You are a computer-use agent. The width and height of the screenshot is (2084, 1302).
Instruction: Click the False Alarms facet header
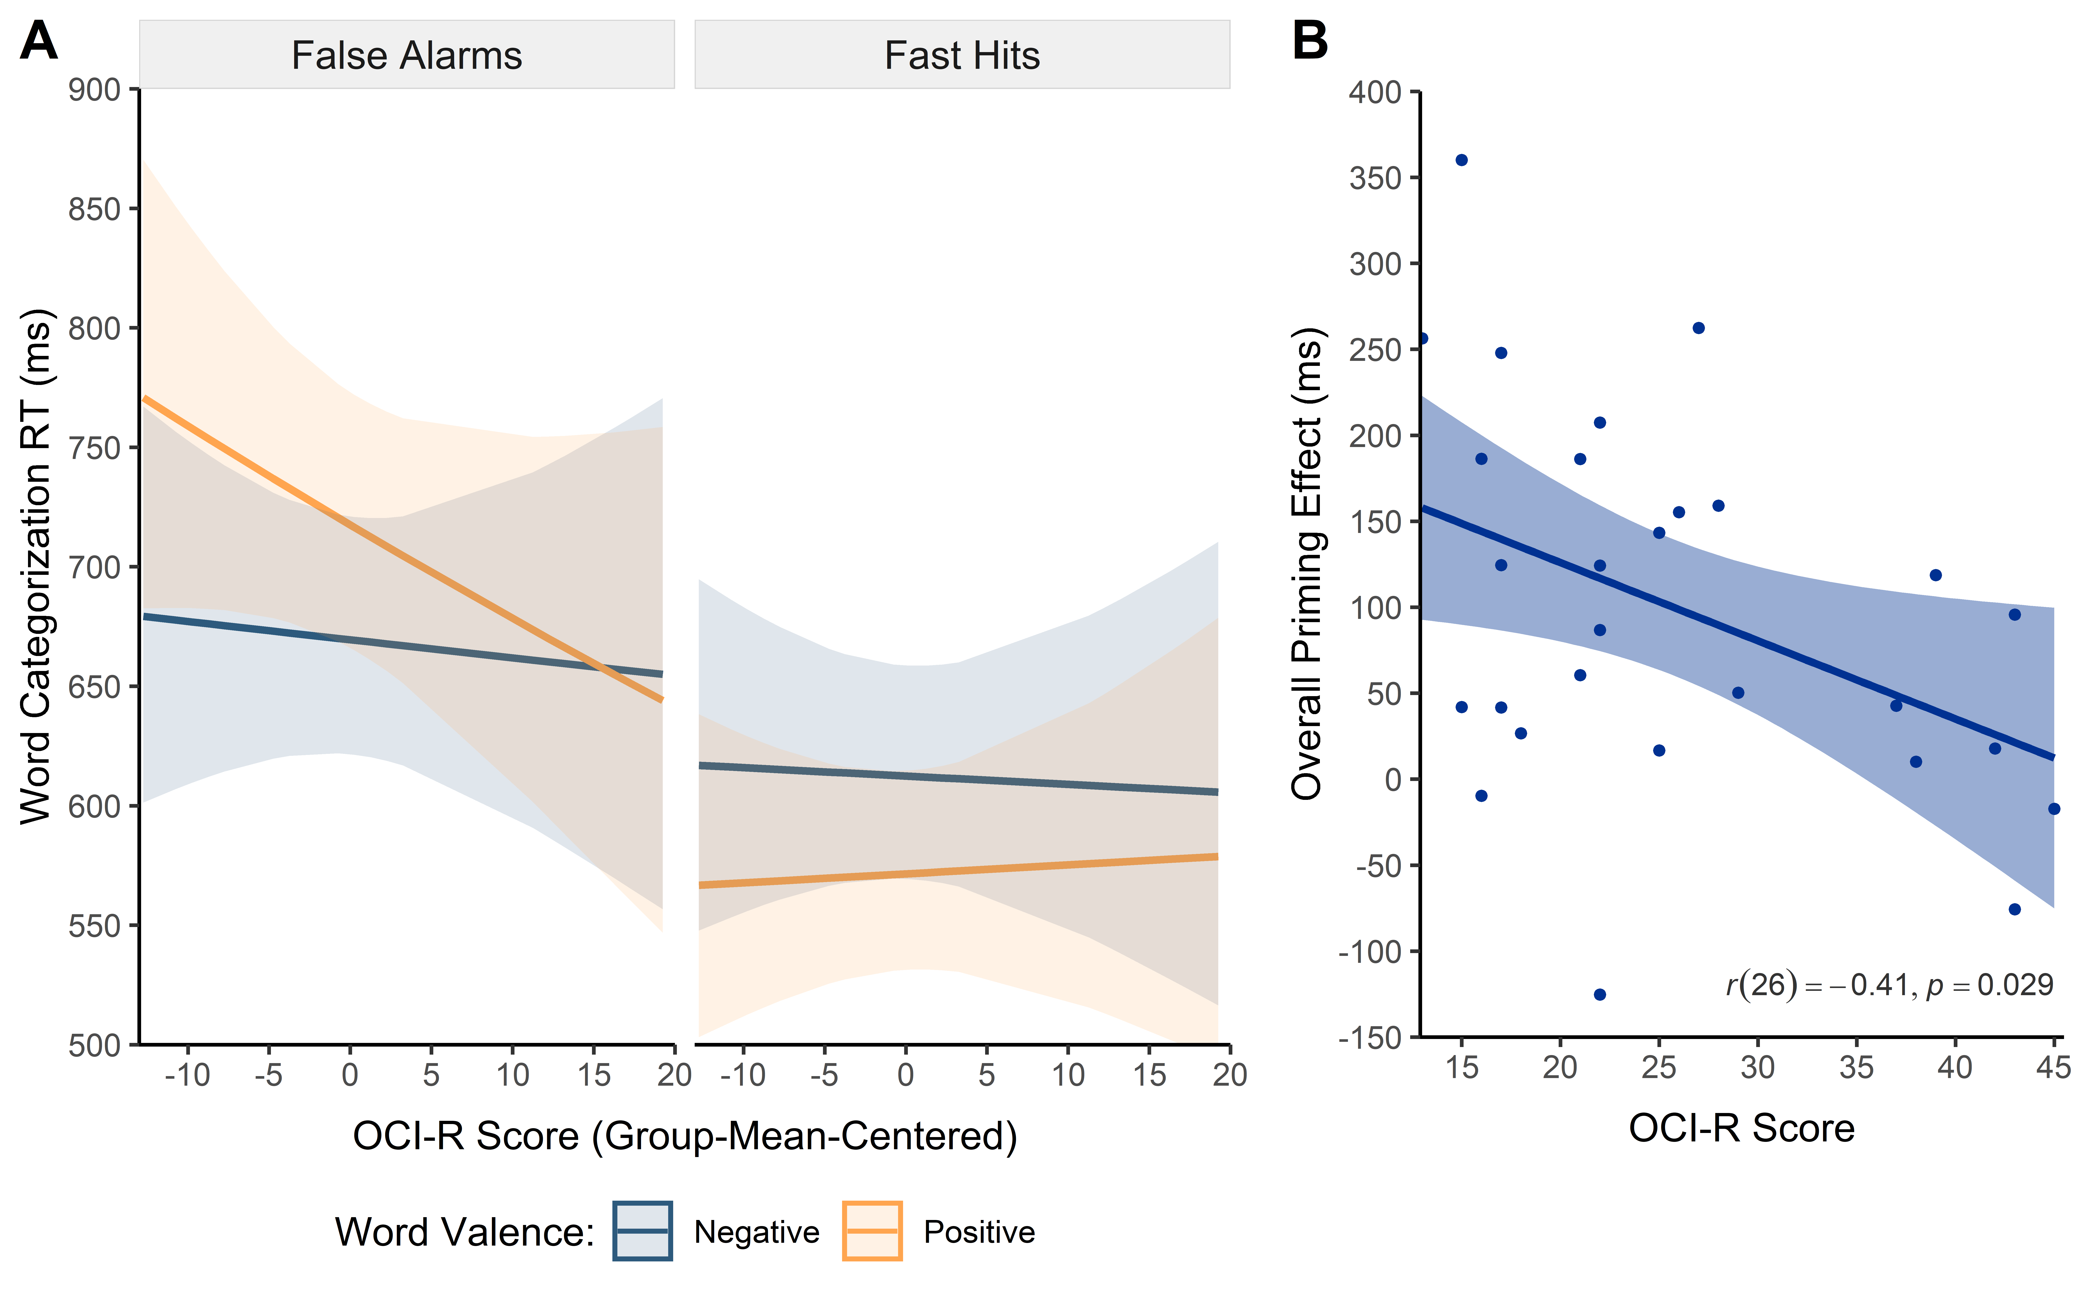click(x=406, y=55)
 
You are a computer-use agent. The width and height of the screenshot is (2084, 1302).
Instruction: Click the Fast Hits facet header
click(x=962, y=55)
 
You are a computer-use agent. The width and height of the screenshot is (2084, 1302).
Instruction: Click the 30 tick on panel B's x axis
click(x=1758, y=1068)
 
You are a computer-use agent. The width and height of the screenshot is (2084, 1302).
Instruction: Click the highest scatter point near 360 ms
click(x=1461, y=160)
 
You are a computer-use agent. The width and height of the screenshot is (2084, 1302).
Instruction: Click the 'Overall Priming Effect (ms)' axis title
click(x=1306, y=564)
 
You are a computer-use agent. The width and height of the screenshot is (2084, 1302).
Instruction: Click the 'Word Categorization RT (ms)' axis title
click(x=36, y=566)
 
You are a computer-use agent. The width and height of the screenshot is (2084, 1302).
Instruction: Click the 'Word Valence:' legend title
click(x=465, y=1231)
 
